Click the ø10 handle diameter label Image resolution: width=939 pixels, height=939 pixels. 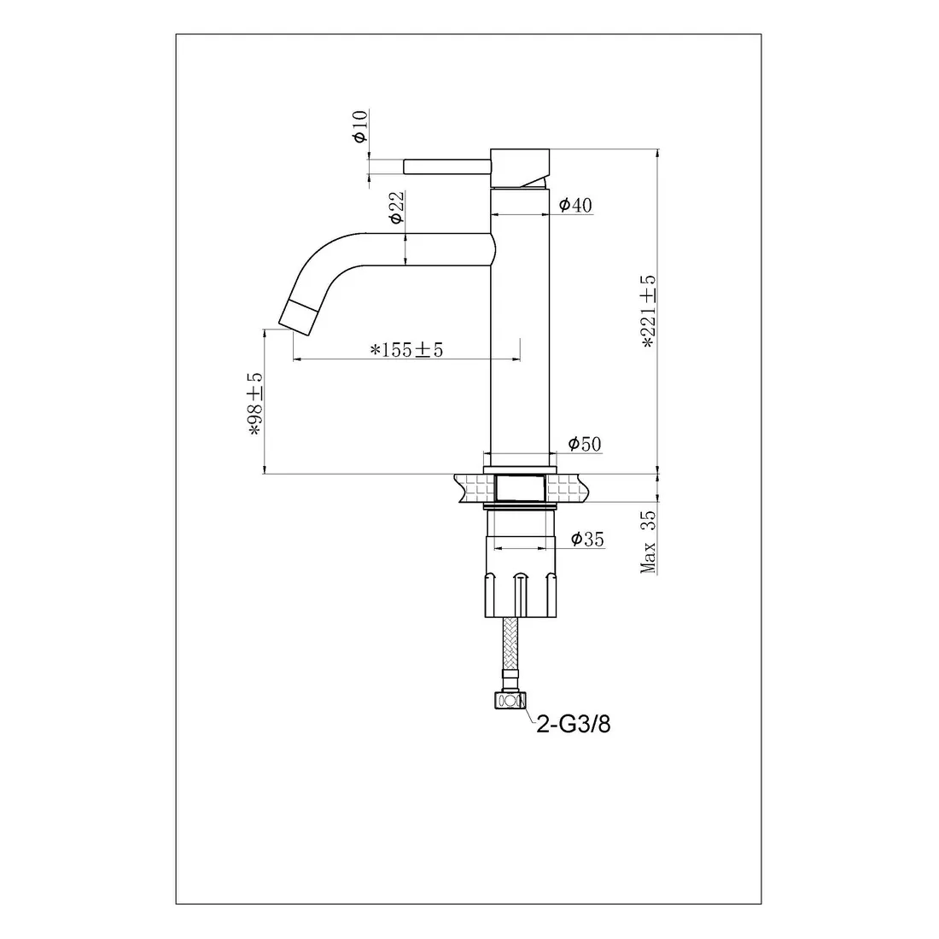(x=360, y=126)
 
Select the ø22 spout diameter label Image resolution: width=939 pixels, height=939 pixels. (x=396, y=207)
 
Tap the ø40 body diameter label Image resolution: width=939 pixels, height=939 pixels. (x=575, y=205)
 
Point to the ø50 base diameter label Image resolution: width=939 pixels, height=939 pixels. (x=585, y=444)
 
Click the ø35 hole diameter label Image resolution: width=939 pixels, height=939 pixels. (x=587, y=539)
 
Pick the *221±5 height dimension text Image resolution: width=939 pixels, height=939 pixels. (x=649, y=312)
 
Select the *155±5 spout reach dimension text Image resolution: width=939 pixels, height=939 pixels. (x=406, y=349)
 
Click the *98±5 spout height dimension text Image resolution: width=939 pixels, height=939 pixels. (x=255, y=405)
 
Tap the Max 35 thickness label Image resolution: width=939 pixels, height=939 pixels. (x=649, y=542)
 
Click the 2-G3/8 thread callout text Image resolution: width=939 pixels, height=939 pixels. (x=573, y=725)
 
